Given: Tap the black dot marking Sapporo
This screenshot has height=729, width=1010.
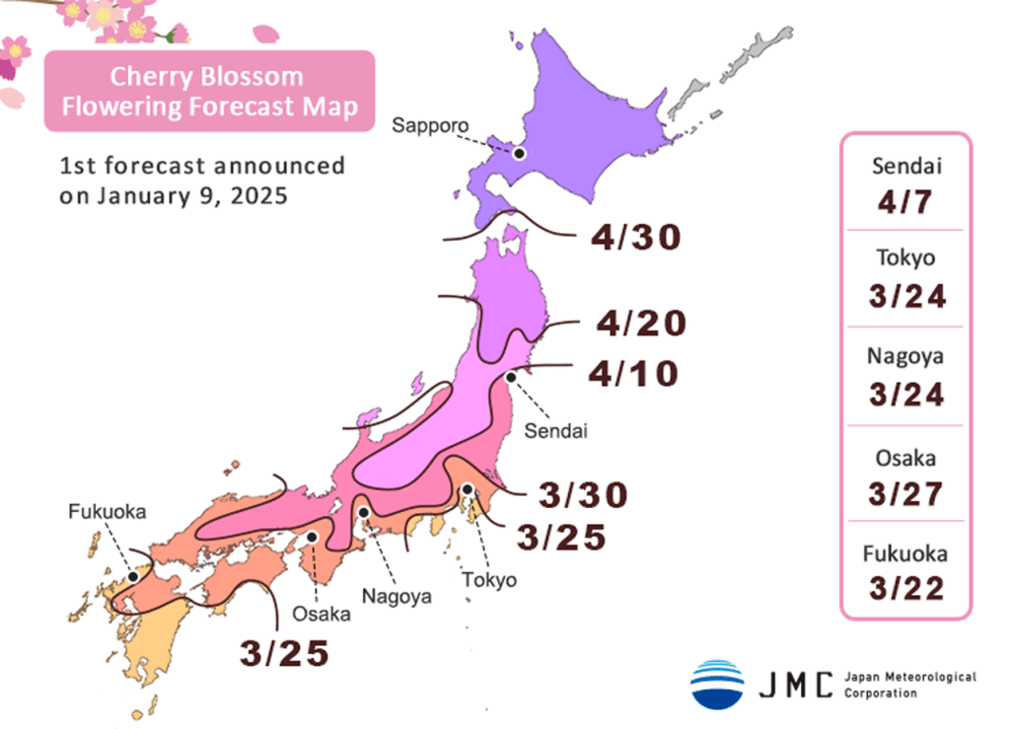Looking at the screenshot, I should (520, 153).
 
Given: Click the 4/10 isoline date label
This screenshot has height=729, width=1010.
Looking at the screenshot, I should (633, 374).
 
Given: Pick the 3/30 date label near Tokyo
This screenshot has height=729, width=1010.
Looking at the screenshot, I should (582, 494).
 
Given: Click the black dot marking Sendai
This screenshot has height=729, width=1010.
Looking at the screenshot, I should (511, 377).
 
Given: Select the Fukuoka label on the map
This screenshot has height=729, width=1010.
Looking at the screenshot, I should (108, 511).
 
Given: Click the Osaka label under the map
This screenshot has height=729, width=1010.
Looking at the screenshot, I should (321, 614).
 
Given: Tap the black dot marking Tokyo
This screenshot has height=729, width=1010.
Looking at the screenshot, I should (467, 489).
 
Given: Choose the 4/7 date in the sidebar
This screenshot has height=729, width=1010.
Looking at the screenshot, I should (905, 204).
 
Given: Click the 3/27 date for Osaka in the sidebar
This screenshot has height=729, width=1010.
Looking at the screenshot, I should (905, 494).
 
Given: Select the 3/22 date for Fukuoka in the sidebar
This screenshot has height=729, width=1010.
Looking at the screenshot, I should (905, 589).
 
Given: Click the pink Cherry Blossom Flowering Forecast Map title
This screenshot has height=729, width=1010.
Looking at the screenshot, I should (209, 92).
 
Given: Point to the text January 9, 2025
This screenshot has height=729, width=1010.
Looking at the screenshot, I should (192, 195).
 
